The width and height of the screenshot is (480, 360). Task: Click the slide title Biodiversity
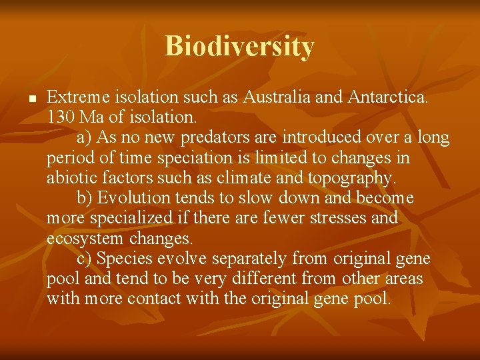[239, 47]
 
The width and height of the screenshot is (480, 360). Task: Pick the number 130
[61, 118]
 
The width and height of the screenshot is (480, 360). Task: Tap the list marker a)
[85, 138]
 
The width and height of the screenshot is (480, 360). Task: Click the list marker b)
[85, 198]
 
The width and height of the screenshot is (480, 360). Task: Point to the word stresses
[322, 218]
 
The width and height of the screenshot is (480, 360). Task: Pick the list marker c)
[85, 258]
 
